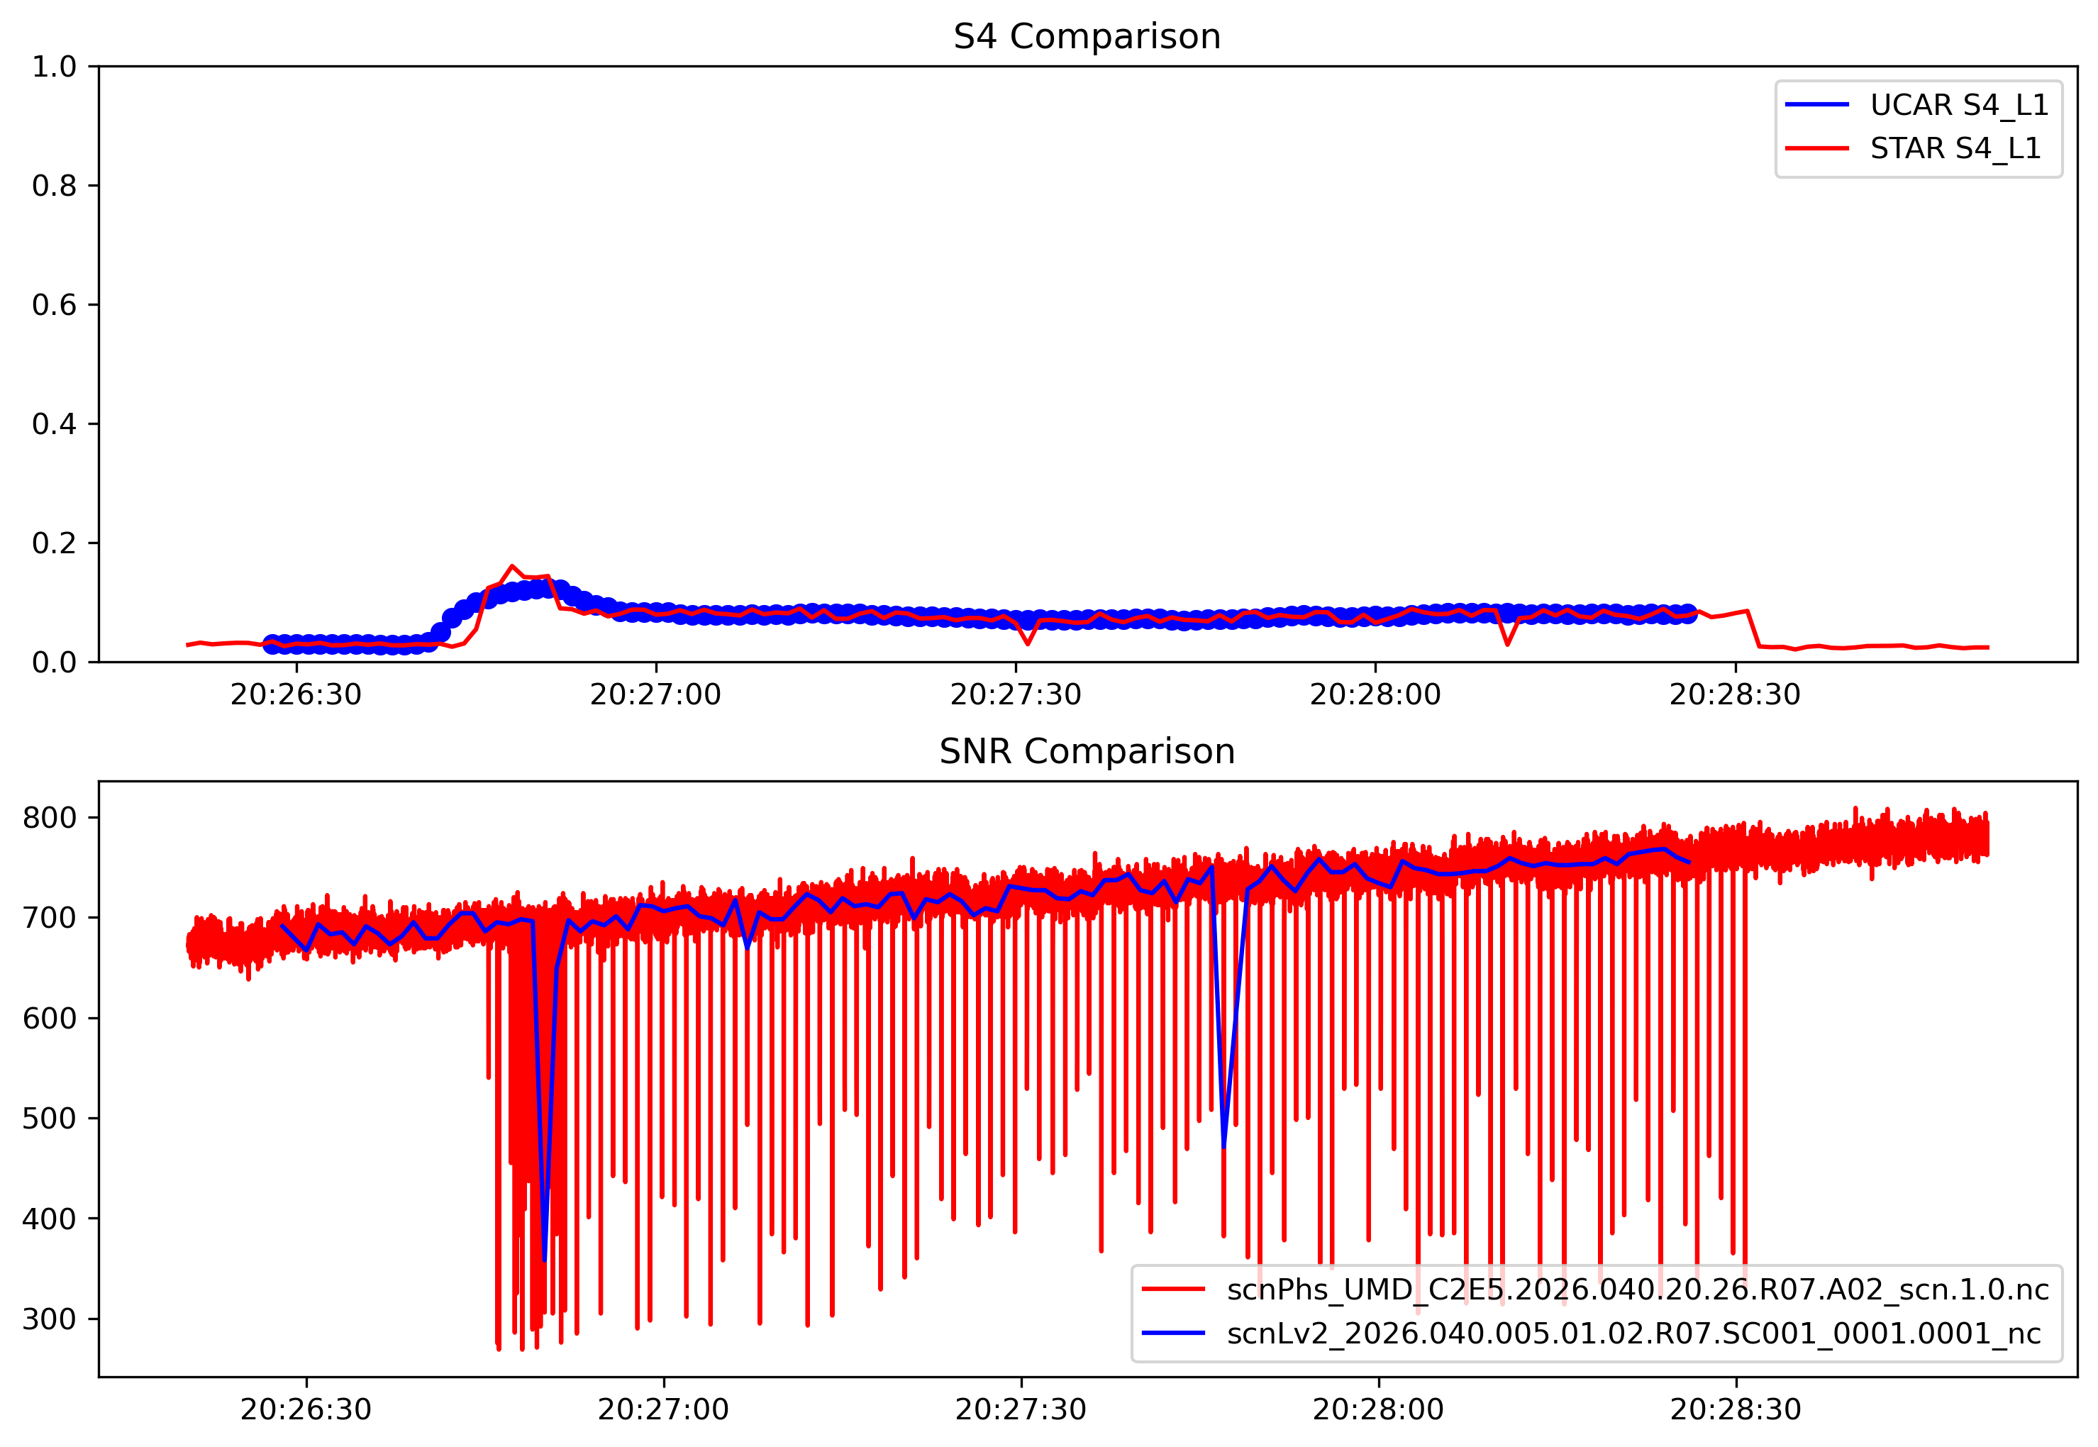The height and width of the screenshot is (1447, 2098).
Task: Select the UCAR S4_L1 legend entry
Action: (x=1958, y=105)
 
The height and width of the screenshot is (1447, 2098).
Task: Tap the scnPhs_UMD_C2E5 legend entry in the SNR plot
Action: (x=1636, y=1290)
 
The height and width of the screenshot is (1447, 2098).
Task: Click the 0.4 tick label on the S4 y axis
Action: (x=55, y=424)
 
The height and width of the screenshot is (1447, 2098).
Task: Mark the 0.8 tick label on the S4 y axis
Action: (x=55, y=186)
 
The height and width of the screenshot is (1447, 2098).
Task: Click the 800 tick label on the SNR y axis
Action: (x=49, y=818)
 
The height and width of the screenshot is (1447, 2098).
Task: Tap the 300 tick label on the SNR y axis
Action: (x=49, y=1319)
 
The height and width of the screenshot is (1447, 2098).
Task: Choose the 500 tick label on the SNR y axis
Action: (x=49, y=1119)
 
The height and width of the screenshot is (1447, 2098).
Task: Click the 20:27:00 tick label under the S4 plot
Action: (x=655, y=695)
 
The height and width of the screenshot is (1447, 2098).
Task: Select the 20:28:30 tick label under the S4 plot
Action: (x=1734, y=695)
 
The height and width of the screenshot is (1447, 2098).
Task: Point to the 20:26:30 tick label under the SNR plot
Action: (x=306, y=1410)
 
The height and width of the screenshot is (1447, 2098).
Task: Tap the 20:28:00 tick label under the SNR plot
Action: (x=1378, y=1410)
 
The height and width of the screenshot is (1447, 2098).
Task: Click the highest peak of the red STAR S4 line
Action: (x=512, y=566)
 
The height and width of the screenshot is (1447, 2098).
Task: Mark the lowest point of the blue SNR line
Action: (x=544, y=1260)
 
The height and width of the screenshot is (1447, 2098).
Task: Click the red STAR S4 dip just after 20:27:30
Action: (x=1027, y=644)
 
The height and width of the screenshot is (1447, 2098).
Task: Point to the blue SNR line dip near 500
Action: (x=1224, y=1148)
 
